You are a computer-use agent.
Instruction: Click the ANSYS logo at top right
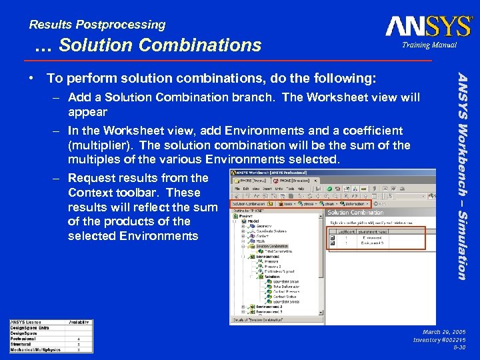click(428, 27)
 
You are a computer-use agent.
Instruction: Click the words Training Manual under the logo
click(429, 45)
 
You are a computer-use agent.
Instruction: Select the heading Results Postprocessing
click(97, 25)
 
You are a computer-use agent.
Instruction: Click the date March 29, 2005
click(443, 331)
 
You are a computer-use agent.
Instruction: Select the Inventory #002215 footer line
click(440, 339)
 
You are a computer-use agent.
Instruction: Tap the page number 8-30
click(459, 347)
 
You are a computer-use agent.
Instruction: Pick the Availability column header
click(79, 322)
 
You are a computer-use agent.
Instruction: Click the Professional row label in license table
click(23, 338)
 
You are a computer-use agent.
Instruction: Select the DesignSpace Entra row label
click(31, 327)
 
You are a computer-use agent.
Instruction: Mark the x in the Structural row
click(79, 343)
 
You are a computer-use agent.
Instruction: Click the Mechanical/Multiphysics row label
click(35, 349)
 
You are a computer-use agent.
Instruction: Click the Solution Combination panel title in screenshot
click(355, 213)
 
